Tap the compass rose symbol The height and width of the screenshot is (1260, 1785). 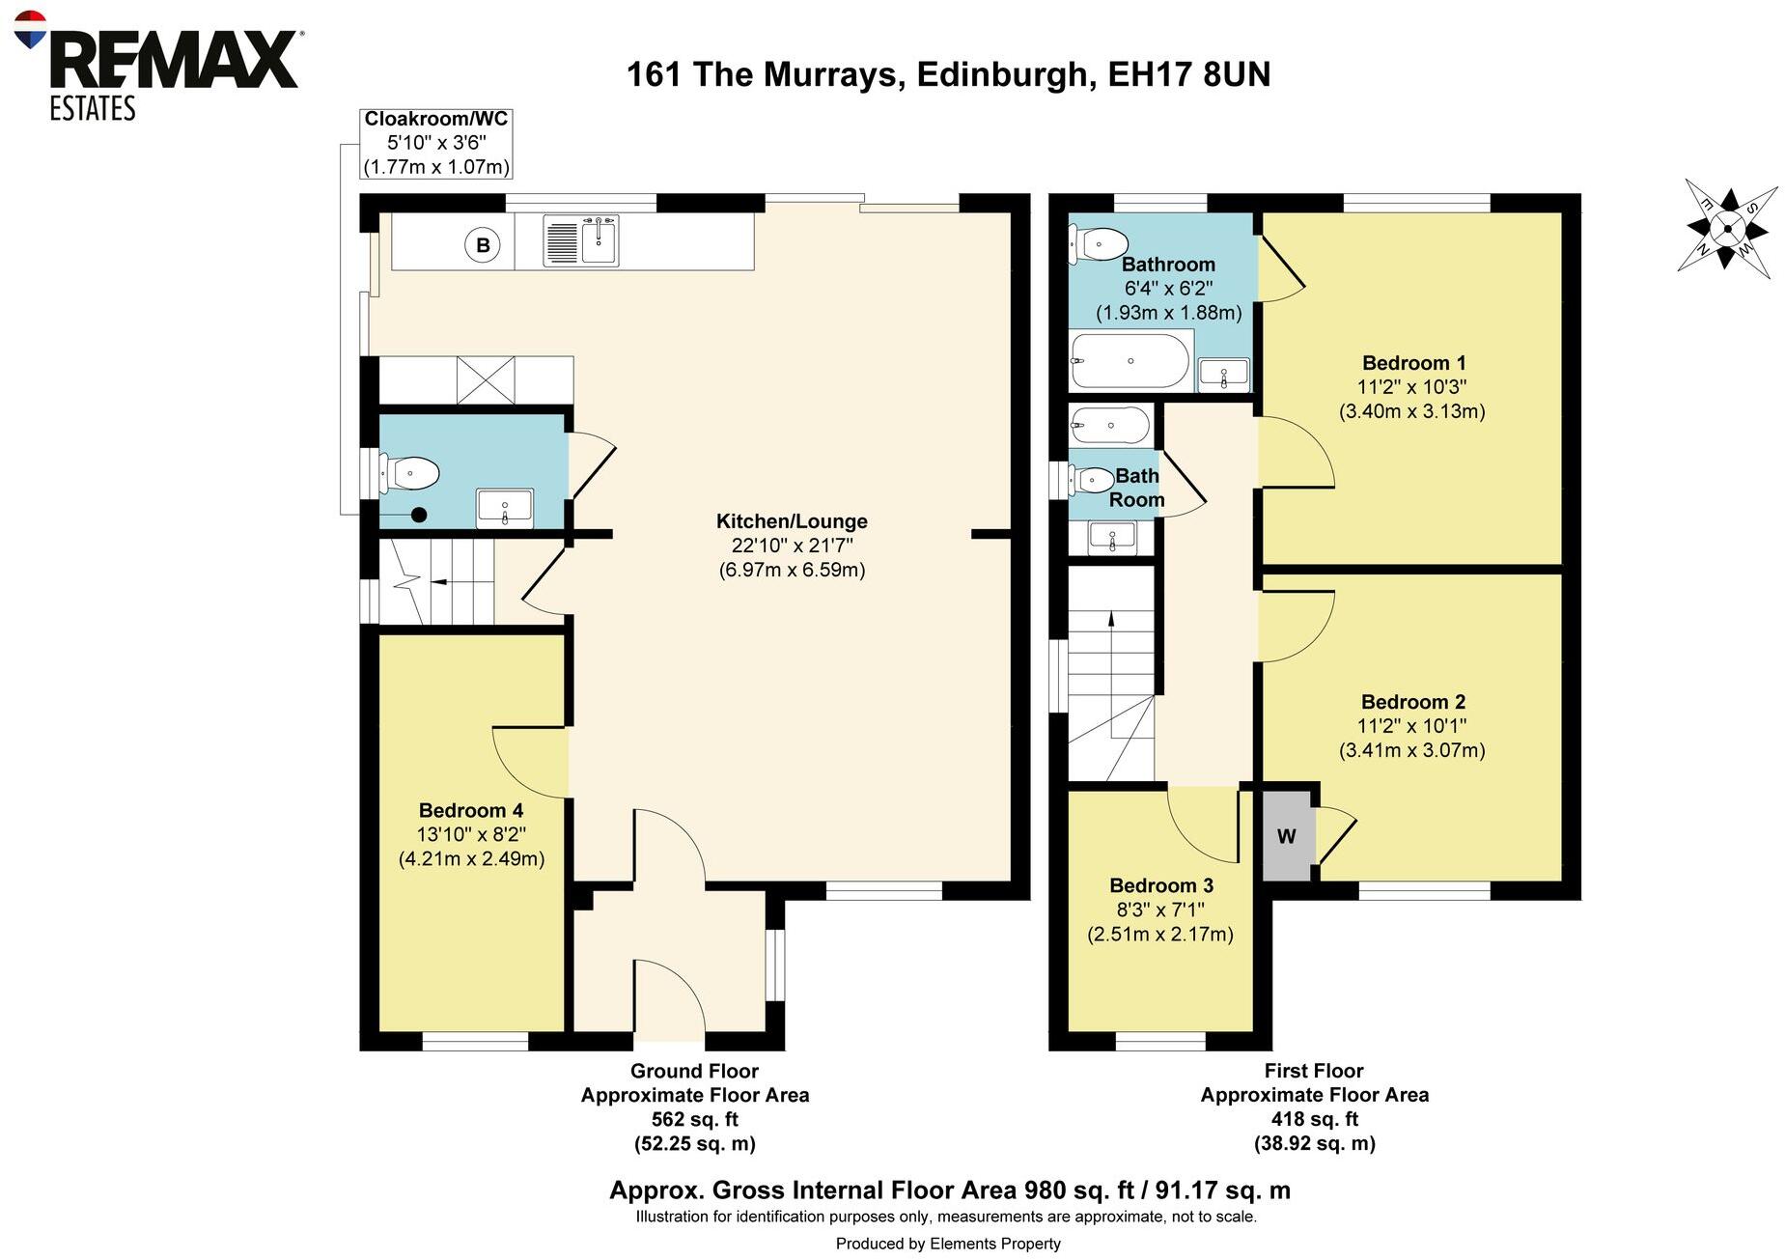click(1728, 230)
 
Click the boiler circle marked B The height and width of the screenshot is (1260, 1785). click(483, 244)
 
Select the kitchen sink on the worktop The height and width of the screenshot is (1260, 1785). click(581, 240)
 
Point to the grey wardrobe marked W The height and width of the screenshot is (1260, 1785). click(1287, 836)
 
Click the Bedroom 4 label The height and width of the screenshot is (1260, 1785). click(471, 810)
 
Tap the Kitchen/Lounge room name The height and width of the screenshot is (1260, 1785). click(792, 521)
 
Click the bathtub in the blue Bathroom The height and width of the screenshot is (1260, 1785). click(1130, 361)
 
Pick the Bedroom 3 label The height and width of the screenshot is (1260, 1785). click(1161, 885)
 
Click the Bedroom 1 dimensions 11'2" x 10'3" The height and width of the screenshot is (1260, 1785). click(1411, 387)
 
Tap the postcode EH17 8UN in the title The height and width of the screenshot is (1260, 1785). click(1188, 74)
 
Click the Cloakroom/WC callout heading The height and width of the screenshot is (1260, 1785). click(435, 119)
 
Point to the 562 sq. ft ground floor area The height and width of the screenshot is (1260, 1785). click(694, 1119)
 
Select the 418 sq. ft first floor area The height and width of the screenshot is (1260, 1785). click(1314, 1119)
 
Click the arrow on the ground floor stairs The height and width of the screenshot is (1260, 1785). click(439, 582)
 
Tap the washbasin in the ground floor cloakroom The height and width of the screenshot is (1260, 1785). click(504, 508)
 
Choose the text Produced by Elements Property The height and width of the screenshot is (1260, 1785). click(947, 1244)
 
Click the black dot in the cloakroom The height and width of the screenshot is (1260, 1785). click(419, 515)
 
